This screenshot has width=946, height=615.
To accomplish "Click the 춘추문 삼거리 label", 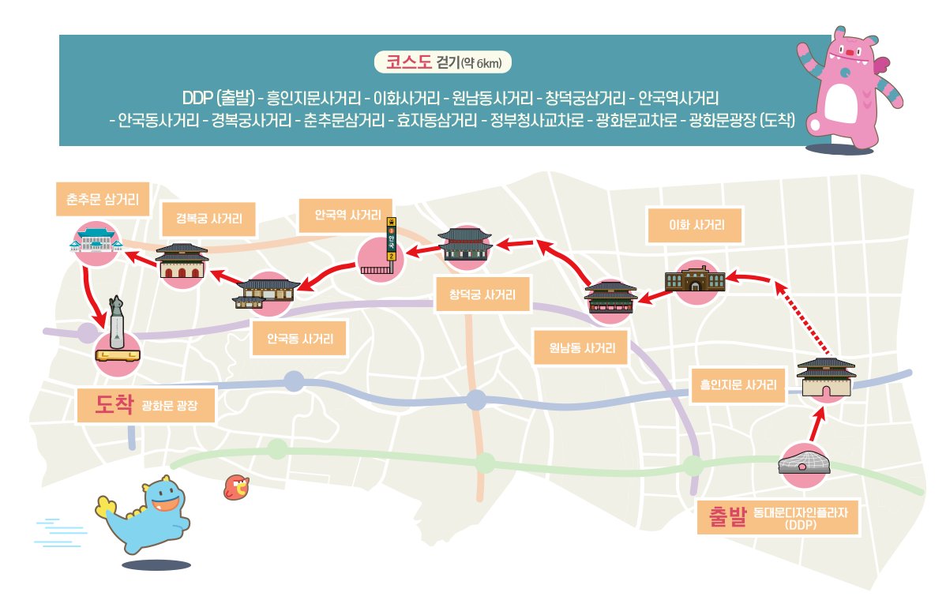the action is click(x=103, y=199).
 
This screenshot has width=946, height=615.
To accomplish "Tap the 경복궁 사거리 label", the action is click(x=208, y=218).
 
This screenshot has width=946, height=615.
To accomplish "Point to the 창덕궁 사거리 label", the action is click(x=482, y=294).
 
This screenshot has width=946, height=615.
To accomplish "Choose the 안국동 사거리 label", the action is click(x=300, y=339).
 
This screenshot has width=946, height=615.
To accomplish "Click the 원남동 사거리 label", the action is click(x=582, y=348).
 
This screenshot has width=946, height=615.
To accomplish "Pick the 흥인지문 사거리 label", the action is click(x=738, y=384).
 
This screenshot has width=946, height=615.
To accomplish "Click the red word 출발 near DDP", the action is click(x=727, y=517).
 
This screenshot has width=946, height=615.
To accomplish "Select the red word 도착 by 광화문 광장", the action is click(x=114, y=404).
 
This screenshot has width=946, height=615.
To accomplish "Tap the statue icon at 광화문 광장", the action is click(x=117, y=329).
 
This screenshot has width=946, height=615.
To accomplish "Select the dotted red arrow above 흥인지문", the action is click(x=801, y=317).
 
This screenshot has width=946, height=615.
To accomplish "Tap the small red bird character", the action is click(x=237, y=487).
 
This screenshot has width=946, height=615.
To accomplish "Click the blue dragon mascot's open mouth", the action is click(x=164, y=504).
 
